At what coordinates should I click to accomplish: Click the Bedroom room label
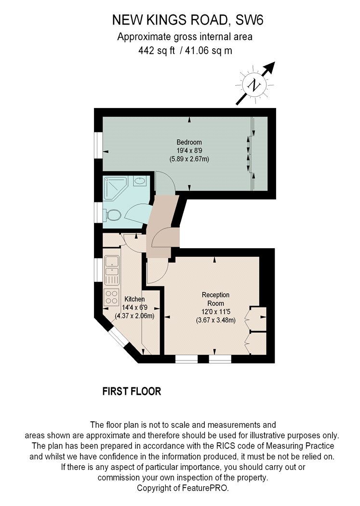coord(189,142)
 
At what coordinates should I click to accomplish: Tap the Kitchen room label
coord(134,299)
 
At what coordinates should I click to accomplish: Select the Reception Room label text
coord(215,299)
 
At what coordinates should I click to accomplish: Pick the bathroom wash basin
coord(139,181)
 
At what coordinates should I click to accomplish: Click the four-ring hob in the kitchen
coord(111,296)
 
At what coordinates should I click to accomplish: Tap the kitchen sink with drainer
coord(112,270)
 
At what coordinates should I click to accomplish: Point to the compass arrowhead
coord(270,67)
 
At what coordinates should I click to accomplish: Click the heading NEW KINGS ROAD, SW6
coord(188,20)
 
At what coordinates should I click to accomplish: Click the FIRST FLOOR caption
coord(132,391)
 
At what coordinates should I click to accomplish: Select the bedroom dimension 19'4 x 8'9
coord(189,150)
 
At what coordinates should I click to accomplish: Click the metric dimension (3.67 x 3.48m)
coord(215,320)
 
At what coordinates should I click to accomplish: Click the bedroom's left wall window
coord(98,145)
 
